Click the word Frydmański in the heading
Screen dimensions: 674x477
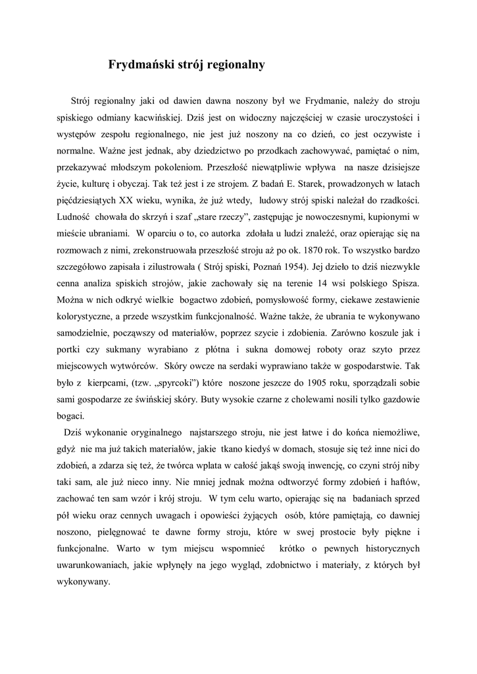pos(140,65)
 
